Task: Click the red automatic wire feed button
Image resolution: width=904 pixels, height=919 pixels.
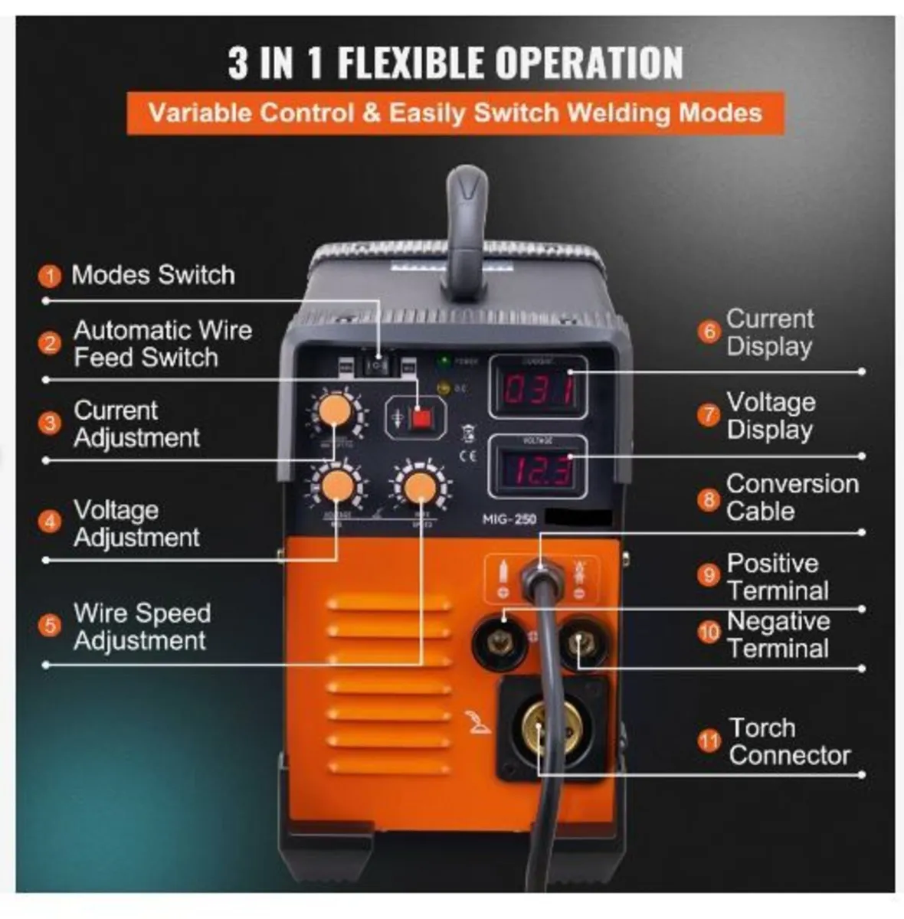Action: (419, 418)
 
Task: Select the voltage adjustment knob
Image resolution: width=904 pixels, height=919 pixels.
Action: (337, 486)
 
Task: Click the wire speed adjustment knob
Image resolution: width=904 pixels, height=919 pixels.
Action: (420, 487)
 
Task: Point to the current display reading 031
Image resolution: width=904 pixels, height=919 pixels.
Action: (539, 391)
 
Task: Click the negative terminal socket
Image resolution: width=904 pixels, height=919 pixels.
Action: (584, 643)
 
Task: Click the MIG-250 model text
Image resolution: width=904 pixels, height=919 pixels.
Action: (509, 519)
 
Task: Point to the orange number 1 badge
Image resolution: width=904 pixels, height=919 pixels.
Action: (50, 276)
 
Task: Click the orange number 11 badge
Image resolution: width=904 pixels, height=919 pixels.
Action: (709, 741)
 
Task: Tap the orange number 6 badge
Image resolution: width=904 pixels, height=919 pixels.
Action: (709, 332)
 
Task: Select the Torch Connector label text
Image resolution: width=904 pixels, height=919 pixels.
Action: (789, 741)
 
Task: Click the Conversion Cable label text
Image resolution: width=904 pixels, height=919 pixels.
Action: (791, 497)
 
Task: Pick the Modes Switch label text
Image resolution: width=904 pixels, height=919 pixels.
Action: (152, 275)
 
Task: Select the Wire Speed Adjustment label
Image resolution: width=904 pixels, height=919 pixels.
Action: (142, 626)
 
